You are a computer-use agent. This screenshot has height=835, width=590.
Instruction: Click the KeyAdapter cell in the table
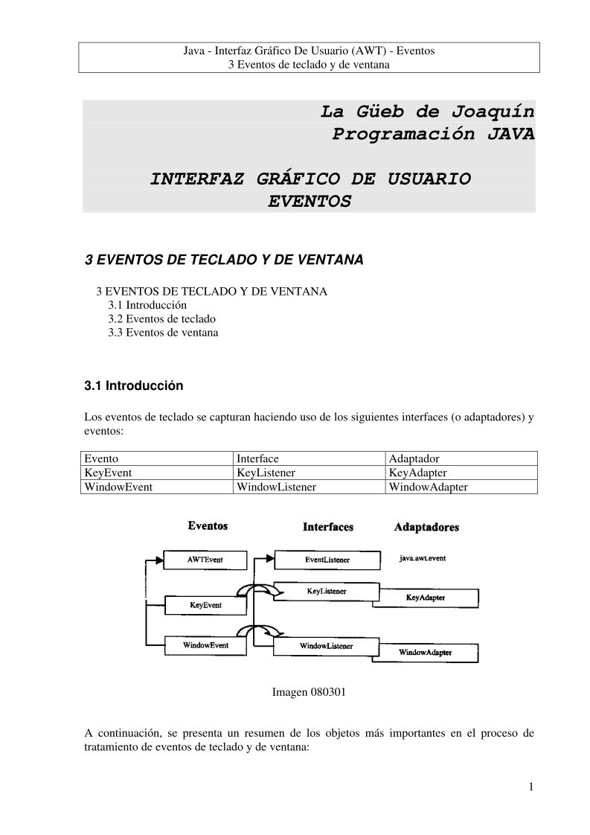click(x=417, y=473)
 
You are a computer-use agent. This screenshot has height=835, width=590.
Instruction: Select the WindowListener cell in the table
click(x=276, y=487)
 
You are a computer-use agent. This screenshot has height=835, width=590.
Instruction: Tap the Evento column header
click(x=101, y=458)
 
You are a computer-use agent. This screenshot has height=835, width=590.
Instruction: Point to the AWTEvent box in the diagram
click(x=205, y=559)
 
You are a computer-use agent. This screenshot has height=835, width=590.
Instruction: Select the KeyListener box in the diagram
click(x=327, y=591)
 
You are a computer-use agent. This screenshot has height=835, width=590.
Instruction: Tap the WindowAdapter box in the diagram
click(x=426, y=653)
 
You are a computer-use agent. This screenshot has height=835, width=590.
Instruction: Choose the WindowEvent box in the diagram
click(x=205, y=645)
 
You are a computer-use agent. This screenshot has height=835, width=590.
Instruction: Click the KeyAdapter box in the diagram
click(x=425, y=598)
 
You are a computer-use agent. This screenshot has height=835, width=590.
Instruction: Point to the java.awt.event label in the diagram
click(x=423, y=558)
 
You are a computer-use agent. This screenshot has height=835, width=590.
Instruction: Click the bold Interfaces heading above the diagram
click(x=327, y=527)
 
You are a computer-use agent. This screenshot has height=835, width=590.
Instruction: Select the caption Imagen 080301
click(x=309, y=692)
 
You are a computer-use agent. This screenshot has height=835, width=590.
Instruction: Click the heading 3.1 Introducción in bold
click(x=133, y=386)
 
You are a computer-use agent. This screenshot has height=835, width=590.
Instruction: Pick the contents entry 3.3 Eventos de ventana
click(x=163, y=333)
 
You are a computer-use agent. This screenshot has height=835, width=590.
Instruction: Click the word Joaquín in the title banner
click(x=493, y=112)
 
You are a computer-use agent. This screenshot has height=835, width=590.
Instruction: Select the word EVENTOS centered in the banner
click(x=309, y=201)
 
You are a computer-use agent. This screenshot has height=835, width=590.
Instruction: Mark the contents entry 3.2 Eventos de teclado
click(x=161, y=319)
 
